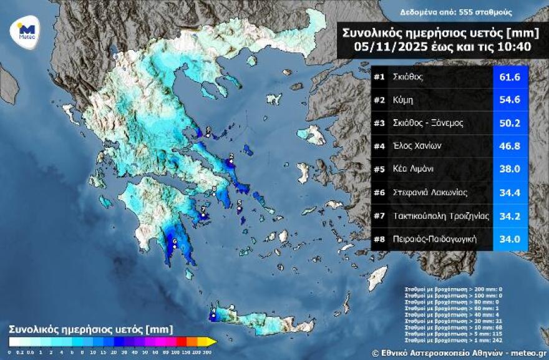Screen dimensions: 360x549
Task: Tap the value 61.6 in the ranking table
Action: click(x=510, y=77)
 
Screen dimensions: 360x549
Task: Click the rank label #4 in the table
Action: click(x=379, y=146)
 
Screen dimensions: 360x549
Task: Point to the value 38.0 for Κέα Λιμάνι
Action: click(x=510, y=169)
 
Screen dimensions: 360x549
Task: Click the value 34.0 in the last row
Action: click(x=510, y=238)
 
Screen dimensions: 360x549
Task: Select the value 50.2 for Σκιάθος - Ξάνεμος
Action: click(x=510, y=123)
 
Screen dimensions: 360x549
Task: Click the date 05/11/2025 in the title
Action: click(x=381, y=46)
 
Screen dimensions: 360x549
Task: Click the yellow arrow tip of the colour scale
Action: click(x=211, y=341)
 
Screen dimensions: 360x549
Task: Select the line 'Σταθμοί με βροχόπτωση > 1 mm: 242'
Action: click(x=453, y=339)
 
